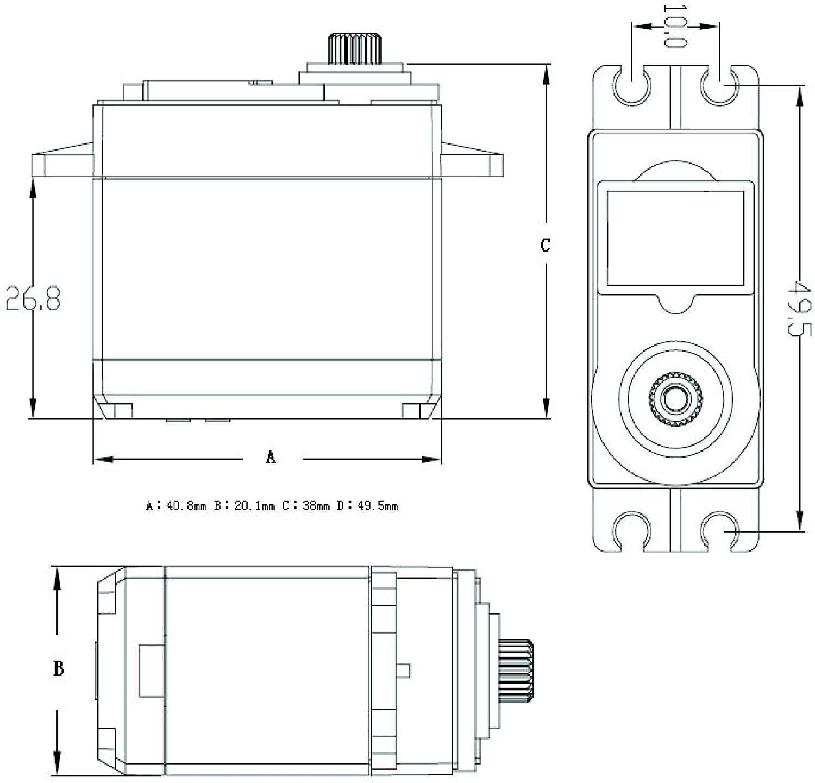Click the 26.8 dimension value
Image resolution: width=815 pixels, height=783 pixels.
(33, 298)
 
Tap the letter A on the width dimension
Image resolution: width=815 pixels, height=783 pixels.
(271, 457)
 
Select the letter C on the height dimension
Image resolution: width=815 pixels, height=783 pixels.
(546, 245)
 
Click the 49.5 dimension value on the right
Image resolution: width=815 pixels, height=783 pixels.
(799, 308)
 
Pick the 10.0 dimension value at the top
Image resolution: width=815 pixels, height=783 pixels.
(675, 26)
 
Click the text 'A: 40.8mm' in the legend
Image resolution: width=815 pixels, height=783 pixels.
(177, 506)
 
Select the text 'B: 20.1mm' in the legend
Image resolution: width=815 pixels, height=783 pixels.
(244, 506)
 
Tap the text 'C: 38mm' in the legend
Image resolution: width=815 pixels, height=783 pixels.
(306, 506)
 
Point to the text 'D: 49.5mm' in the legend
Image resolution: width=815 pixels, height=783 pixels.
(367, 506)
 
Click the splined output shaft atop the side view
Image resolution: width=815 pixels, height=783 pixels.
(355, 49)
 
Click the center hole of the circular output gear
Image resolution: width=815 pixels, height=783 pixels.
(675, 399)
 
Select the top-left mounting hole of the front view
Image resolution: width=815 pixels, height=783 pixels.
(631, 85)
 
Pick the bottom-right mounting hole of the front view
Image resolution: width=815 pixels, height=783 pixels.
(720, 531)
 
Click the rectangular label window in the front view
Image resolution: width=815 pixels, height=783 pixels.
(675, 238)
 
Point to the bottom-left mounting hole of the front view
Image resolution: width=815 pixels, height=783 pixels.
(631, 531)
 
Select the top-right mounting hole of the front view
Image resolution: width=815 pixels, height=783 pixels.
(720, 85)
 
